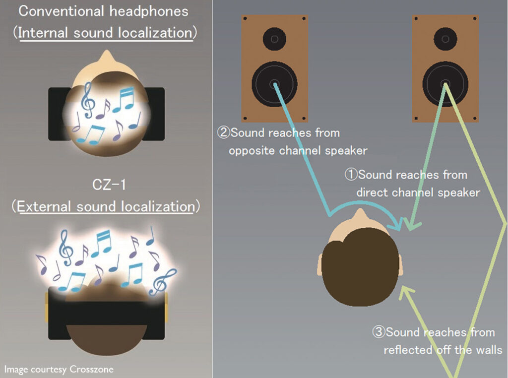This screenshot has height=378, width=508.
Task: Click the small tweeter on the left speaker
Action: [x=274, y=39]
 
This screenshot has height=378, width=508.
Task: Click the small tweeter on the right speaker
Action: [x=445, y=39]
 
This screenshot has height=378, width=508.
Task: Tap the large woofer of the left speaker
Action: [x=274, y=84]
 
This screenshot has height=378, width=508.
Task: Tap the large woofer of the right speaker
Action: [x=445, y=84]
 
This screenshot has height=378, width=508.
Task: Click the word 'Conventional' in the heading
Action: [x=61, y=11]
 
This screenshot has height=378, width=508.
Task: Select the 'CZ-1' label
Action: [x=109, y=185]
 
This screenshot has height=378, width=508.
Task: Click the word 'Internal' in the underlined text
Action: [x=43, y=33]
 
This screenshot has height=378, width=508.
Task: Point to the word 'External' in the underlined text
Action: [x=44, y=207]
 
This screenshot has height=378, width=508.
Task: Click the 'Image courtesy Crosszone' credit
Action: [x=59, y=369]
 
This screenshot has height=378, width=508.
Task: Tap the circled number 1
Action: [x=351, y=175]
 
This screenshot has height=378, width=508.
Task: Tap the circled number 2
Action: [x=223, y=132]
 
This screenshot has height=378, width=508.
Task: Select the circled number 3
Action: [x=379, y=332]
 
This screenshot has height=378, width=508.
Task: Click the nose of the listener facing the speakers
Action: [x=360, y=214]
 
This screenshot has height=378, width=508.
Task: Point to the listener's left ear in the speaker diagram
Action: [x=319, y=264]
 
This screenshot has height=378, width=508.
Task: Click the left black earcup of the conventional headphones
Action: [x=59, y=114]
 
